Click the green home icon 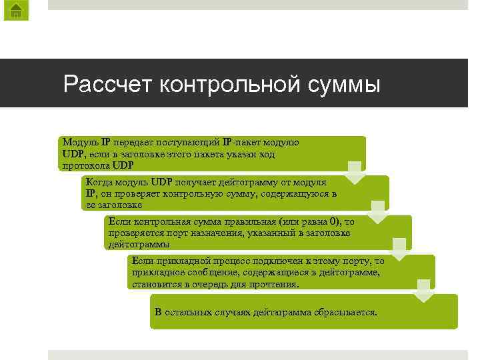pyautogui.click(x=15, y=10)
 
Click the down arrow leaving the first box pyautogui.click(x=355, y=173)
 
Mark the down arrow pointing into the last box pyautogui.click(x=423, y=291)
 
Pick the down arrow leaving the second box pyautogui.click(x=377, y=212)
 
